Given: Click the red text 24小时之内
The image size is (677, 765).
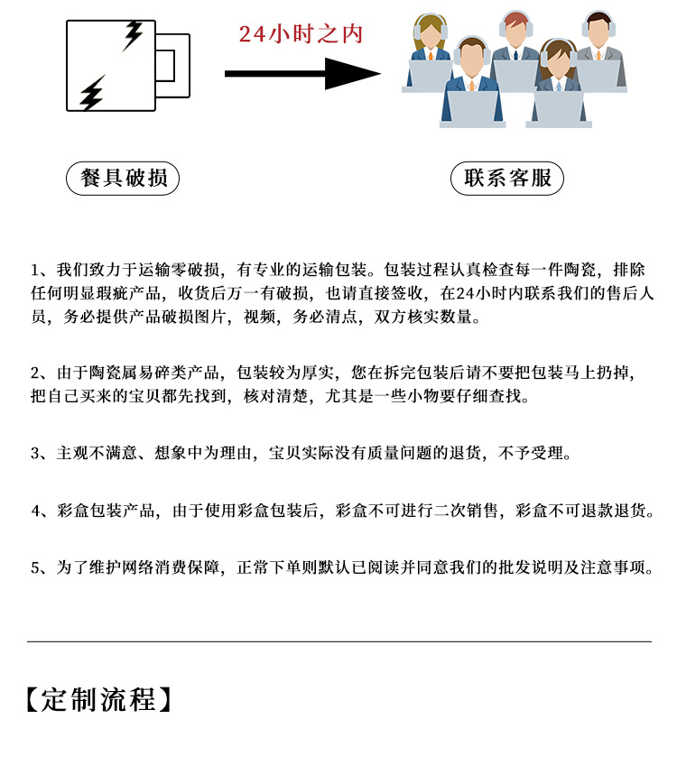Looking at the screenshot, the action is point(301,34).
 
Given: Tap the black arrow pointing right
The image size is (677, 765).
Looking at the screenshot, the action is point(302,74).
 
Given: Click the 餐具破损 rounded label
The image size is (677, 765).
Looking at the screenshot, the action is point(123,179).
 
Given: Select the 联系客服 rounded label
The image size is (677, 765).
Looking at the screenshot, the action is point(507,179).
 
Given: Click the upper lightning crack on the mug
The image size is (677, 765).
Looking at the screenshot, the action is point(132,35).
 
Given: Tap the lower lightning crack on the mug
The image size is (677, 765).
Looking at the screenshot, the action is point(92,93).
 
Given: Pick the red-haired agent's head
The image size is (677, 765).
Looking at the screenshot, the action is point(515,28).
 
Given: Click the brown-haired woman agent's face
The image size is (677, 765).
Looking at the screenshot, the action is point(560,62).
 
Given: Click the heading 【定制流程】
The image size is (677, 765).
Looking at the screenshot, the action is point(99,700).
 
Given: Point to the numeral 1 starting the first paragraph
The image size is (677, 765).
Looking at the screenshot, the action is point(35,270).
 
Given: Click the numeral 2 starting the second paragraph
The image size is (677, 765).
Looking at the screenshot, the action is point(35,373).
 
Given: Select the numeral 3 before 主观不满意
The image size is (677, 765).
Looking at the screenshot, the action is point(35,453).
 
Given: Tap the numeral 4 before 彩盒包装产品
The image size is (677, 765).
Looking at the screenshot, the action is point(35,511).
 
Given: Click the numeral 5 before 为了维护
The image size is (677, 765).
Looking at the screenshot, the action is point(35,568).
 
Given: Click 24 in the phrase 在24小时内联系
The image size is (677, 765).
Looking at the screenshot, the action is point(465,293).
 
